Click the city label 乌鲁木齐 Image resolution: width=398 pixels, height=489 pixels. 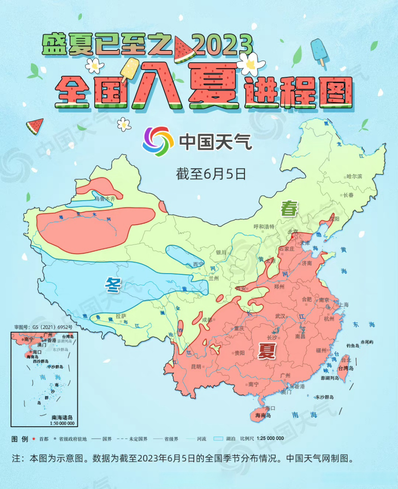[105, 199]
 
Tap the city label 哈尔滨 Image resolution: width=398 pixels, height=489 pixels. [354, 176]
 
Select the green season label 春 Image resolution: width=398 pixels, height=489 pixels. [289, 209]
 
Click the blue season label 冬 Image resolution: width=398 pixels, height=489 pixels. [113, 285]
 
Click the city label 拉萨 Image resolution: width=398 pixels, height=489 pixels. [121, 316]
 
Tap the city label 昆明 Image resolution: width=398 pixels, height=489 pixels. [196, 367]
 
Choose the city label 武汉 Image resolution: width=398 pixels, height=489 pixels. [280, 316]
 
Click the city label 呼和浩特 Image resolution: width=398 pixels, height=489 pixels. [264, 227]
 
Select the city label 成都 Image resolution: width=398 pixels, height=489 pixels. [207, 320]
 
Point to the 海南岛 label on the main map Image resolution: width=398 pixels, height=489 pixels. [263, 415]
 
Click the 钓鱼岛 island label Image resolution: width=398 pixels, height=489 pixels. [353, 346]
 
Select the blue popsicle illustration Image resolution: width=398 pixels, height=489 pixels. [318, 52]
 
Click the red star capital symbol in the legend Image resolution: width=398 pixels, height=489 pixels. [34, 439]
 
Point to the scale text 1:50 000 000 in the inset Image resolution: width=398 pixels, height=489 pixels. [62, 423]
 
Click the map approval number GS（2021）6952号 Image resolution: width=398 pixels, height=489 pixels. [43, 327]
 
